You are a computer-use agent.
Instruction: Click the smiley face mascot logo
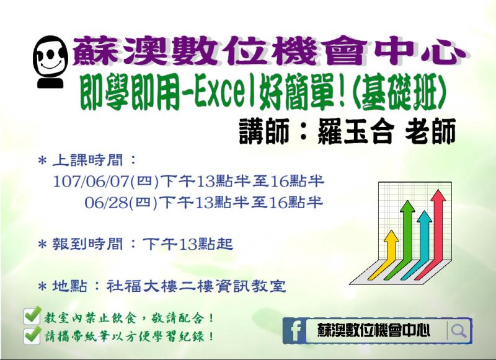coord(50,62)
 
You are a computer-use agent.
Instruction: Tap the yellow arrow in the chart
coord(384,256)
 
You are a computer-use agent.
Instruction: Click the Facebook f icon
coord(295,331)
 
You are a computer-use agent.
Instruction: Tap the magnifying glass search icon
coord(459,331)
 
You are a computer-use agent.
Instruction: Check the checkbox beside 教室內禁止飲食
coord(32,315)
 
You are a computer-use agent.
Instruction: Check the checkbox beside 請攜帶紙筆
coord(32,335)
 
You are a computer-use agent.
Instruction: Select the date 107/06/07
coord(90,182)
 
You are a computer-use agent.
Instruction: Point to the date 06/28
coord(107,202)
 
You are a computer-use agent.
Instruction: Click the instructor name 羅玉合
coord(355,131)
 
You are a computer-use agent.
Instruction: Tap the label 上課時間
coord(87,160)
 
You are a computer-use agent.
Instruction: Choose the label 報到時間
coord(87,244)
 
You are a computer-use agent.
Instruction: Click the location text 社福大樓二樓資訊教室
coord(196,286)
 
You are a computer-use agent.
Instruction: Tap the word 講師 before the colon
coord(264,131)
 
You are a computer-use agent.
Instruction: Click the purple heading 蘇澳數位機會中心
coord(268,51)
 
